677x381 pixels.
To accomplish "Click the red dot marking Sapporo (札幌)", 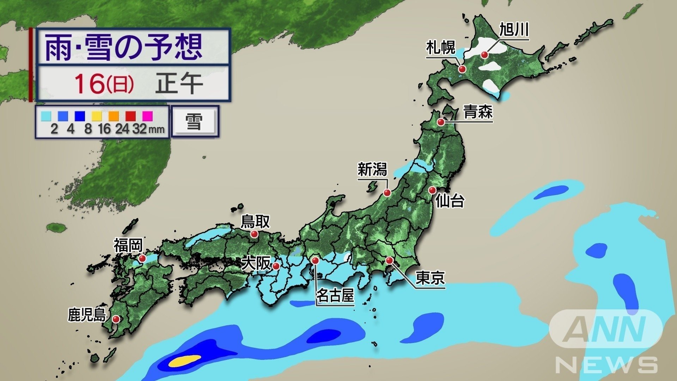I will pos(462,69).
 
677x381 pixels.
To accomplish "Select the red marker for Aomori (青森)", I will pos(441,122).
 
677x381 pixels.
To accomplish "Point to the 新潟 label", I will pos(372,170).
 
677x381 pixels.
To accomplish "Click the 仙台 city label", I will pos(450,201).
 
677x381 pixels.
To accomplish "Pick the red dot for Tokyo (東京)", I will pos(389,260).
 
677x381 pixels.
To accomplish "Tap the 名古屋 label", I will pos(335,295).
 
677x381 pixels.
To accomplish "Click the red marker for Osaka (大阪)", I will pos(276,266).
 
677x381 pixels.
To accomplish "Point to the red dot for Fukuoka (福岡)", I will pos(142,258).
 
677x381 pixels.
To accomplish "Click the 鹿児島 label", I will pos(87,315).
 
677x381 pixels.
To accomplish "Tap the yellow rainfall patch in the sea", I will pos(184,361).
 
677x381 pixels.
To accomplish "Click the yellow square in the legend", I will pos(97,116).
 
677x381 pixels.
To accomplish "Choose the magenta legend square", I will pos(148,116).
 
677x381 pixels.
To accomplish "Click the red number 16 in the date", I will pos(90,84).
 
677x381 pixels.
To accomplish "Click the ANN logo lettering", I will pos(605,329).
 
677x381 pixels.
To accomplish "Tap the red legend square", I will pos(131,116).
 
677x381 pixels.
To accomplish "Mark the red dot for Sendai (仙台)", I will pos(432,190).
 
